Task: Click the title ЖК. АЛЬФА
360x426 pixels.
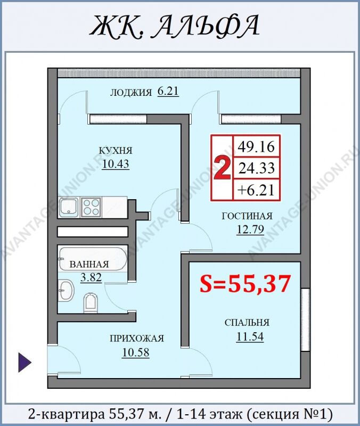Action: click(175, 26)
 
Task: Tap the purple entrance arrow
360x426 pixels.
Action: click(24, 362)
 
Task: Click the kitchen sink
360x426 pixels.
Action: click(69, 208)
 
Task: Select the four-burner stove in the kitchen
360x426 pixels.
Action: click(91, 207)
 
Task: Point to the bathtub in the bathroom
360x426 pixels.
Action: click(93, 259)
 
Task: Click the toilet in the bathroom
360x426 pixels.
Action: click(91, 302)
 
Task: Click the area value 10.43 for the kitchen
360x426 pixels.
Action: click(116, 164)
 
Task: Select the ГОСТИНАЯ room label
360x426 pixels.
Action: click(247, 216)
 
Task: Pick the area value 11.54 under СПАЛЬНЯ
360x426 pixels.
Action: click(250, 337)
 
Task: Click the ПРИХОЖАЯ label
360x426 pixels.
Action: click(137, 339)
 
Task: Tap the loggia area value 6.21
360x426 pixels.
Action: click(168, 91)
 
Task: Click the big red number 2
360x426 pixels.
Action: click(222, 169)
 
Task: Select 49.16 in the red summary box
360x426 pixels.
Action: click(256, 147)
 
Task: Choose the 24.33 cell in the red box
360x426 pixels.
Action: click(257, 168)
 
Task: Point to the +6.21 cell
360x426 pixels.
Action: click(256, 190)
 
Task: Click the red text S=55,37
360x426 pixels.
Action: click(246, 283)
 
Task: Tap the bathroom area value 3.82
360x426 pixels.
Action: click(91, 277)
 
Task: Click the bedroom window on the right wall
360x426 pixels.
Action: click(305, 319)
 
